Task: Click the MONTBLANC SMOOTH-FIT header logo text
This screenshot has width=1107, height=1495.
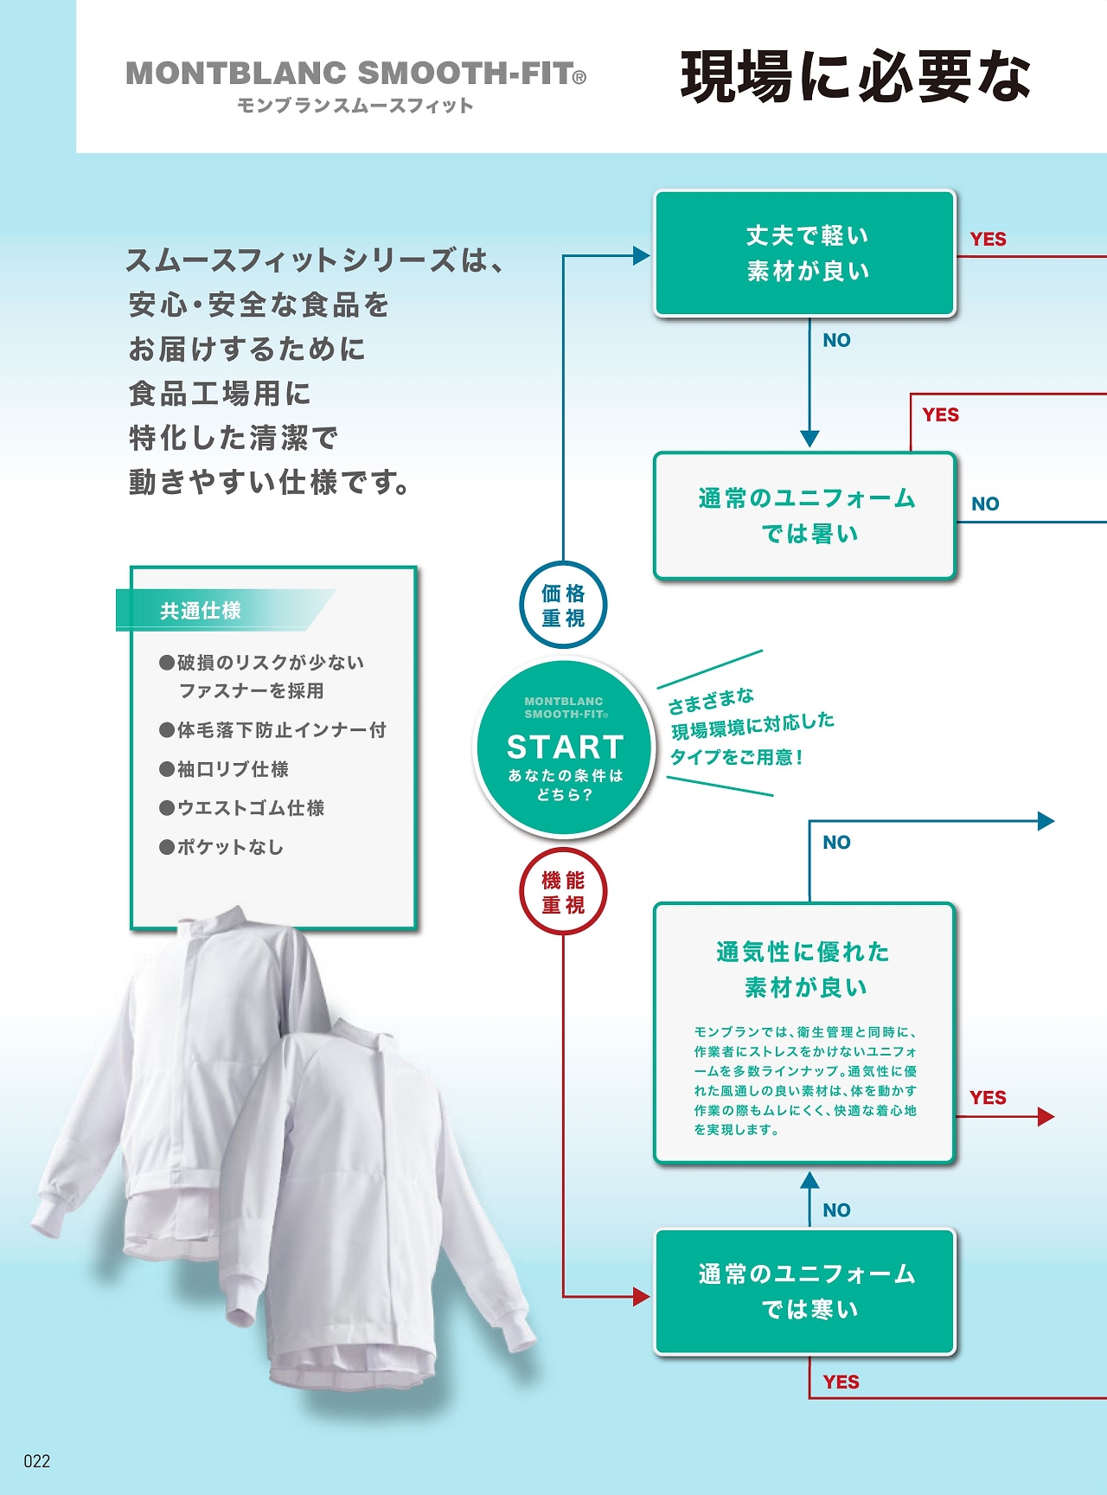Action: click(x=355, y=73)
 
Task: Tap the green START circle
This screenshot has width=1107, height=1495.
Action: click(x=564, y=747)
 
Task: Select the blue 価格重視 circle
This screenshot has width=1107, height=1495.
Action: click(x=563, y=605)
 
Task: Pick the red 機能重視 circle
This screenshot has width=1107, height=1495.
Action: click(x=563, y=892)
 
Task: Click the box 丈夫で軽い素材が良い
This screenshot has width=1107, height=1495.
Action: click(x=805, y=253)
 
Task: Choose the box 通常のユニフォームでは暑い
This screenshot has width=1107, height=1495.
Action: click(x=805, y=516)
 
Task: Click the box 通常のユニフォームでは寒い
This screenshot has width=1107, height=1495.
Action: click(x=805, y=1291)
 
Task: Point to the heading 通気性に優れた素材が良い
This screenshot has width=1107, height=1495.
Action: click(x=803, y=969)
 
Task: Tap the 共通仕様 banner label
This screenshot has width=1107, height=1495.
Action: click(x=201, y=611)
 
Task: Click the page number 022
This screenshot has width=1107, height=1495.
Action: click(x=36, y=1461)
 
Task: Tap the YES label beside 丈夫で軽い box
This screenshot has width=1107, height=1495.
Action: click(x=988, y=240)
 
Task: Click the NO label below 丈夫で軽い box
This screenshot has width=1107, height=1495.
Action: click(x=836, y=340)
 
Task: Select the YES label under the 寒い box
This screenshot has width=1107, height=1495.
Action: click(x=841, y=1382)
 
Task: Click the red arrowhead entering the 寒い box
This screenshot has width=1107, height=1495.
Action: click(x=641, y=1296)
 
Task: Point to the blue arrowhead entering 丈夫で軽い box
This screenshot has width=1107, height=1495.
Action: click(x=641, y=255)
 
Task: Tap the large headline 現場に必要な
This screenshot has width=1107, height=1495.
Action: click(x=855, y=76)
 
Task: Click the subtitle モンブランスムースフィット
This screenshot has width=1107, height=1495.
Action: click(x=355, y=106)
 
